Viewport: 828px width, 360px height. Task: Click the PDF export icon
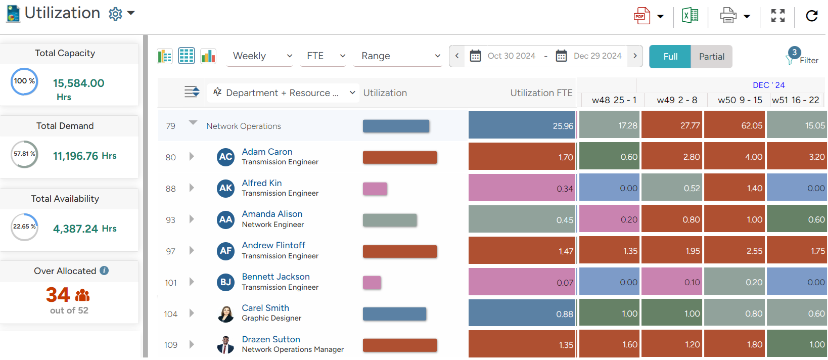(641, 16)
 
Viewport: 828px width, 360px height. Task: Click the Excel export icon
(690, 16)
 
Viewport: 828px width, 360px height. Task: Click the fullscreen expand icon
(778, 16)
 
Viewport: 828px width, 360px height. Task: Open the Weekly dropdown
(262, 56)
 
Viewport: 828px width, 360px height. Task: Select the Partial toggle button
(711, 57)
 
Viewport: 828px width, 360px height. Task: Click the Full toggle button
(670, 57)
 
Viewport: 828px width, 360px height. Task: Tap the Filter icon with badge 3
(792, 57)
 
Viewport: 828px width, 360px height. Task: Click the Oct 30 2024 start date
(511, 56)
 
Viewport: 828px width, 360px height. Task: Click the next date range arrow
(635, 56)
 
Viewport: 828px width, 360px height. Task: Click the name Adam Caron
(267, 152)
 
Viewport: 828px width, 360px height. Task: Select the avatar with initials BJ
(225, 282)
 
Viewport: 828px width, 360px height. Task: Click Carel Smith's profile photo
(225, 313)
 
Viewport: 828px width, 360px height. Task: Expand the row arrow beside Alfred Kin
(192, 188)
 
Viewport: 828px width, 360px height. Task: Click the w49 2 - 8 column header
(677, 100)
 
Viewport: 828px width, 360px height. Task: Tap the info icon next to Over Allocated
(104, 271)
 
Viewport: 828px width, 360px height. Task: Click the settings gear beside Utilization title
(115, 14)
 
